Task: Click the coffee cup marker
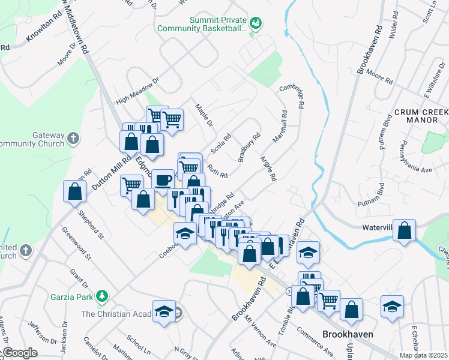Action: [162, 179]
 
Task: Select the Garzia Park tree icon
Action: [103, 296]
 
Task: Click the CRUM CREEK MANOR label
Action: [421, 116]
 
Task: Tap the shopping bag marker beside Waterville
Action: [405, 230]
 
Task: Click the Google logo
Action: [19, 353]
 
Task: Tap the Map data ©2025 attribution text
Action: [424, 355]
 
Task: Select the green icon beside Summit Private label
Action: [256, 23]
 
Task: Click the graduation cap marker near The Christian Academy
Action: [164, 310]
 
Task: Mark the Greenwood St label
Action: [80, 247]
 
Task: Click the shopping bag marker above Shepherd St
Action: [74, 191]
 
